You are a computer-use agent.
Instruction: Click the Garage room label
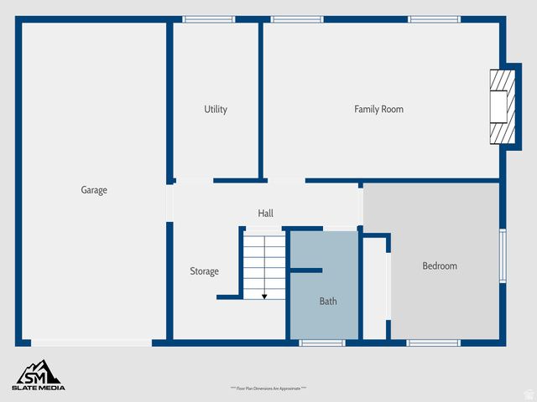(94, 190)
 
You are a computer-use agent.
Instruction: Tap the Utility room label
(216, 109)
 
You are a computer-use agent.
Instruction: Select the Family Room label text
(378, 109)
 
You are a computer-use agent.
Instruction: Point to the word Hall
(265, 214)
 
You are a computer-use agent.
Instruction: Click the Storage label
(204, 271)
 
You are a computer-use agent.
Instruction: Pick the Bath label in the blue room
(328, 301)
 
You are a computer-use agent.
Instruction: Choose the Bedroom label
(440, 265)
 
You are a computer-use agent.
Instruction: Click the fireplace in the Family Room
(501, 106)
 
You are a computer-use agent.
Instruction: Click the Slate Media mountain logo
(38, 371)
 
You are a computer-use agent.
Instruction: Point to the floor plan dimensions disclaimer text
(268, 389)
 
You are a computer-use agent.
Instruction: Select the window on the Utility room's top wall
(209, 18)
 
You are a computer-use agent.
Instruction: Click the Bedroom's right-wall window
(503, 255)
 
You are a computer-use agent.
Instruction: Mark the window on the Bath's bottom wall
(322, 343)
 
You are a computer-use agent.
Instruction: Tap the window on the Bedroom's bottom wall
(434, 343)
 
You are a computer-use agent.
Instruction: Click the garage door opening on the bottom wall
(91, 343)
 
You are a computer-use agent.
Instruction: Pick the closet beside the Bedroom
(374, 289)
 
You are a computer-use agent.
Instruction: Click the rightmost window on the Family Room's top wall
(434, 18)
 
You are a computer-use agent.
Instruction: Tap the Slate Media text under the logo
(38, 388)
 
